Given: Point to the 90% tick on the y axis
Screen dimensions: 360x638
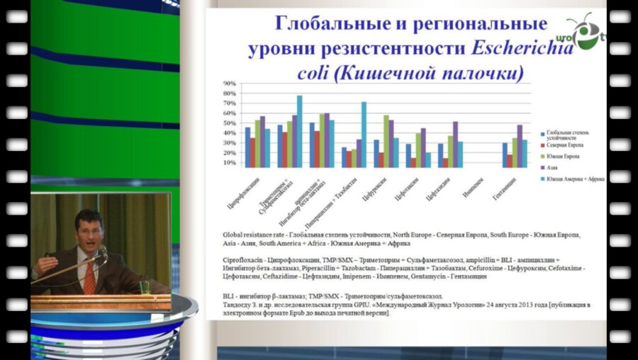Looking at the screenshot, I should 229,84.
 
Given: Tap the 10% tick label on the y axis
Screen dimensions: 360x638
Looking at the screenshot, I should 229,163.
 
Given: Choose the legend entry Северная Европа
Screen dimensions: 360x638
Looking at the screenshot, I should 564,145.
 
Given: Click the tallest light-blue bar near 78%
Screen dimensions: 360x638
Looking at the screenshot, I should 299,131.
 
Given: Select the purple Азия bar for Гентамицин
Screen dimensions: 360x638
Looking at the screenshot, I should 520,146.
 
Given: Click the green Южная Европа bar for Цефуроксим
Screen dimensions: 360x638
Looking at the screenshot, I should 386,141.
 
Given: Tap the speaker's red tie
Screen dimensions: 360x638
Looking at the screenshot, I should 89,279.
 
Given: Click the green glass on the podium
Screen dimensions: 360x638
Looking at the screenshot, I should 145,287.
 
